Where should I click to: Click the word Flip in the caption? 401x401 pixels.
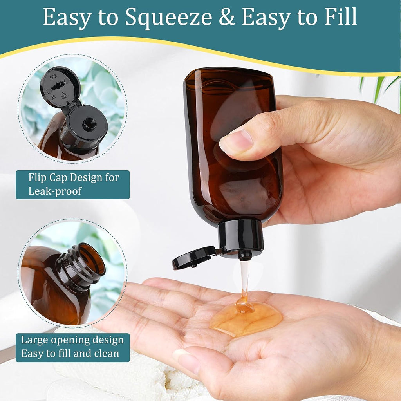pyautogui.click(x=38, y=177)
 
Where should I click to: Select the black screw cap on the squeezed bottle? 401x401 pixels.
pyautogui.click(x=240, y=236)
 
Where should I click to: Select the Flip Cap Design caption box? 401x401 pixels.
pyautogui.click(x=73, y=184)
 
